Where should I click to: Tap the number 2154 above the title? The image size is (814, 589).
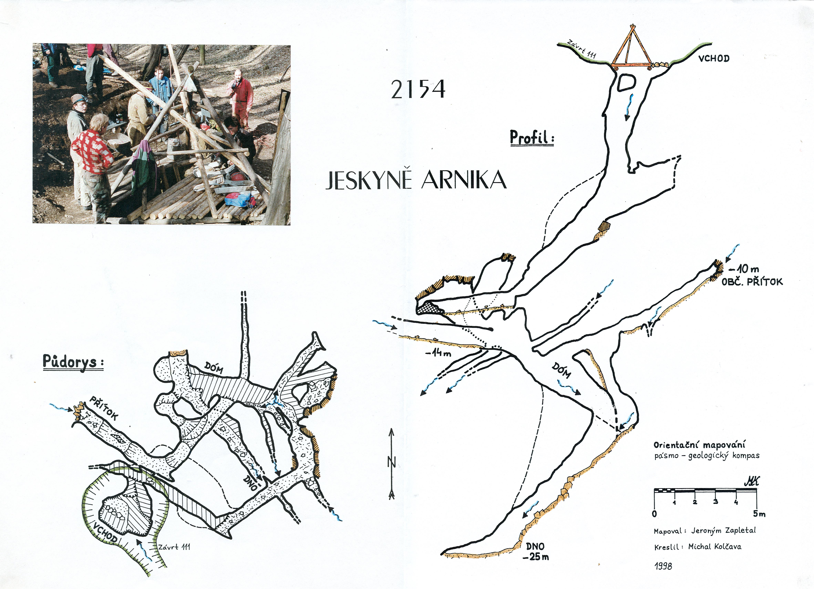click(x=418, y=89)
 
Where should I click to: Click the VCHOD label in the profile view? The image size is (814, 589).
click(x=714, y=59)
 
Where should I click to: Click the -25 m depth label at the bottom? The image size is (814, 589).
click(x=536, y=557)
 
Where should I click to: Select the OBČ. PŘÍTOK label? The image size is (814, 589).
click(x=752, y=282)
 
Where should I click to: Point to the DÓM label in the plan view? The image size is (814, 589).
click(x=214, y=368)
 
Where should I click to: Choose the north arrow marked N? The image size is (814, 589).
click(x=391, y=463)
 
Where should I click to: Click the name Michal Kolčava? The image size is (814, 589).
click(x=715, y=547)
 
